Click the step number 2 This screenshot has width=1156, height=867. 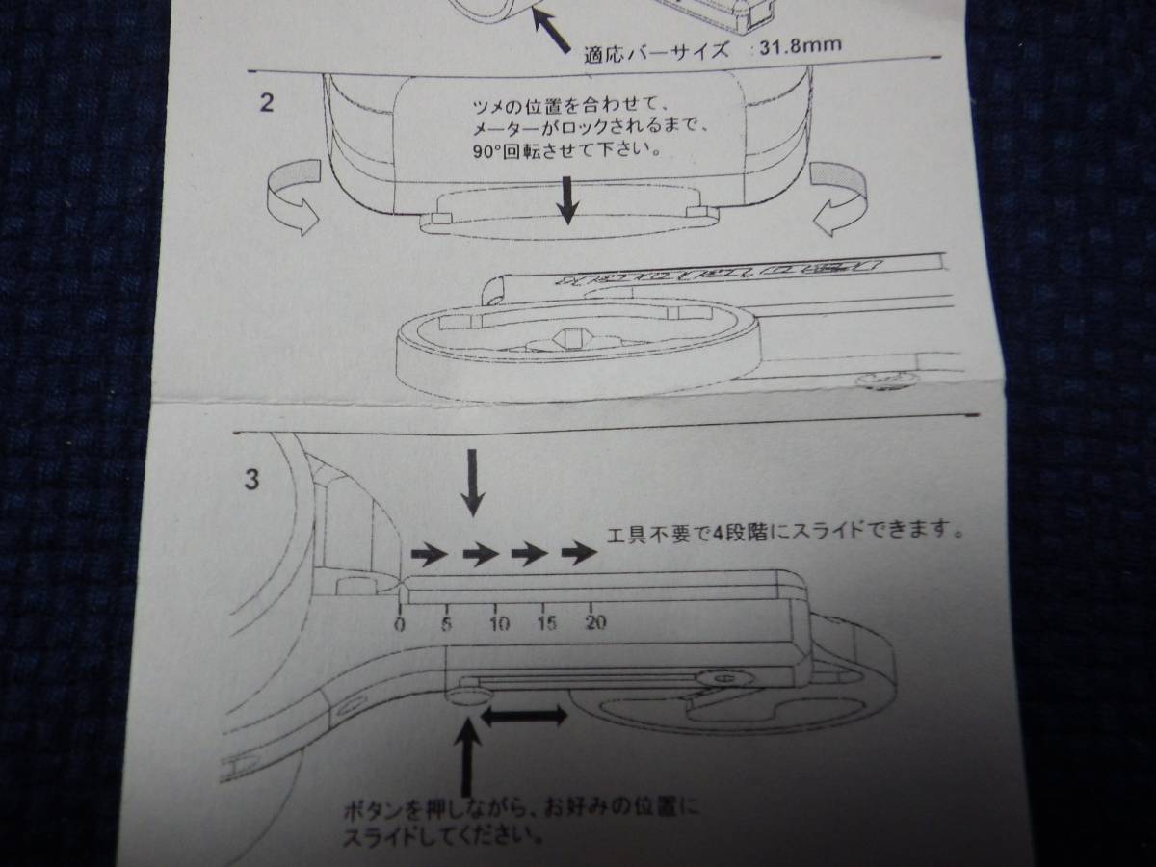click(x=266, y=102)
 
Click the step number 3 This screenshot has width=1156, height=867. click(x=251, y=479)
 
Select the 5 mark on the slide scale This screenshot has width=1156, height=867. click(x=447, y=621)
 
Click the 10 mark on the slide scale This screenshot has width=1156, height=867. click(x=498, y=621)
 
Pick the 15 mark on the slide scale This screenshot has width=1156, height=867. click(x=546, y=621)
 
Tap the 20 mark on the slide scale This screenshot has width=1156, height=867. click(x=596, y=621)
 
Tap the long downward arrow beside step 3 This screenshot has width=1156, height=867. click(x=472, y=483)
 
